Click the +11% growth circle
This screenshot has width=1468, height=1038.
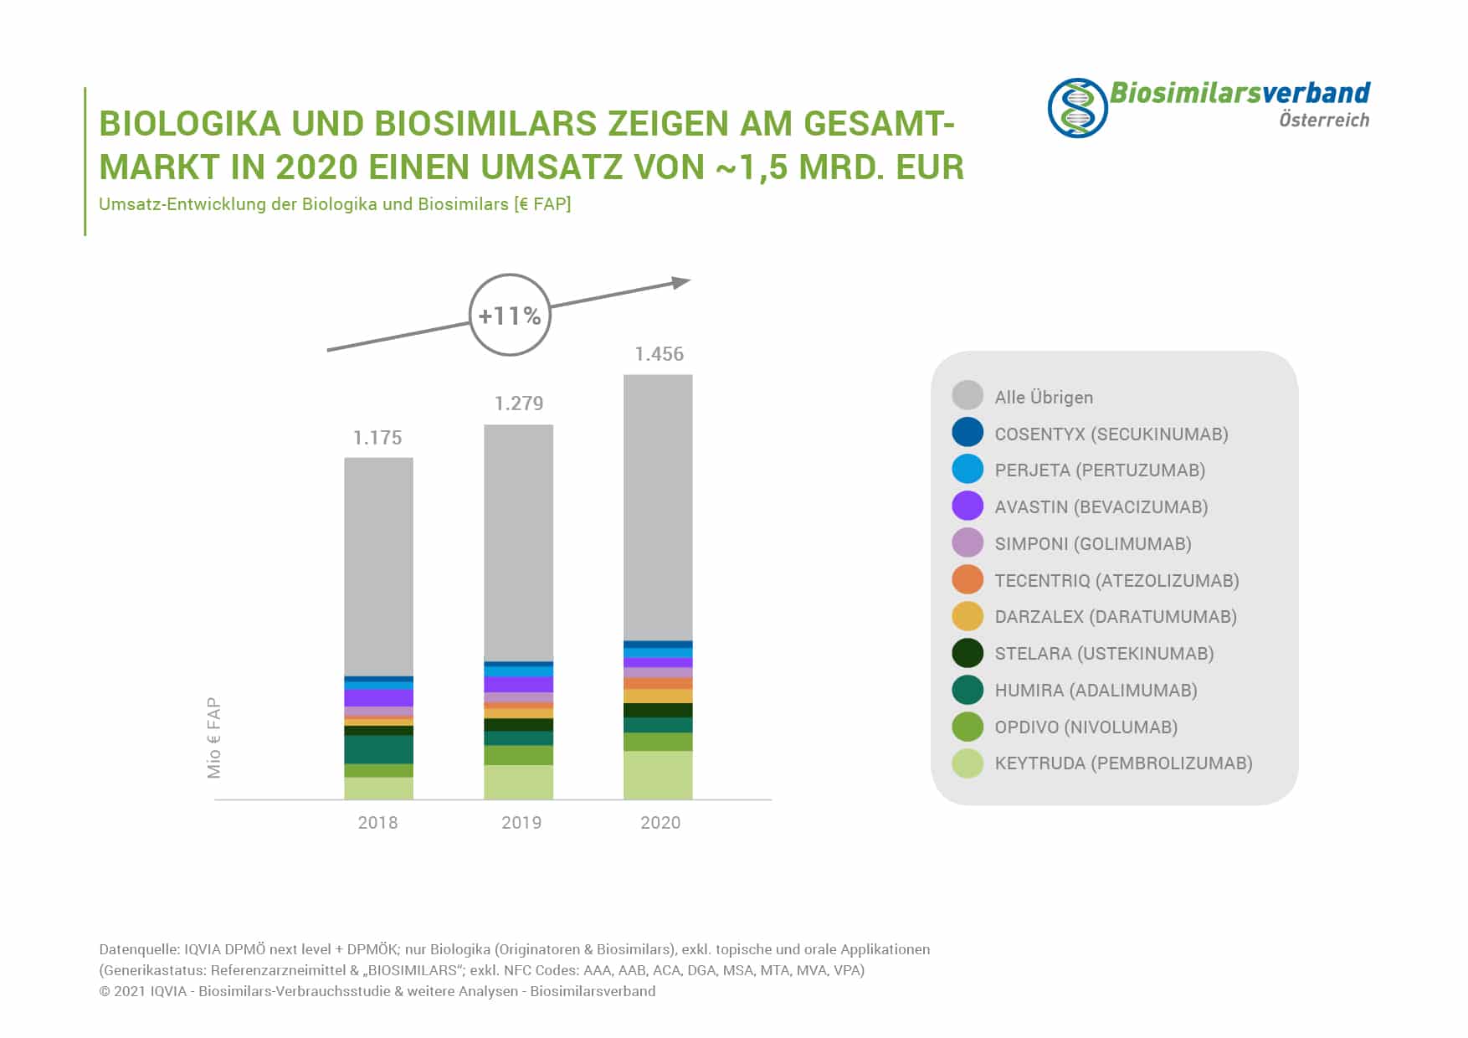coord(510,315)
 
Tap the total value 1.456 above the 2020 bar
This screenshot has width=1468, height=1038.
coord(659,354)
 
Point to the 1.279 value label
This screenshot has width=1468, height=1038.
coord(519,403)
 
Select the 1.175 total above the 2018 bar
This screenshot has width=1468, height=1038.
coord(377,438)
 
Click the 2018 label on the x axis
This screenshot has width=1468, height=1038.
coord(377,823)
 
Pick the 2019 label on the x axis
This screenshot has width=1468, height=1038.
coord(521,823)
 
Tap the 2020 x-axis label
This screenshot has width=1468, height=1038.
coord(660,823)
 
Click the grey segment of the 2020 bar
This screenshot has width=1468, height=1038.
coord(658,506)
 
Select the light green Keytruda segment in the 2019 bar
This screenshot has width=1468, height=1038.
coord(518,782)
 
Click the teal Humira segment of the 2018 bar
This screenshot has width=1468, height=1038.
coord(378,749)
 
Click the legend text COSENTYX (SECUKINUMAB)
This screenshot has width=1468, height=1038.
coord(1111,434)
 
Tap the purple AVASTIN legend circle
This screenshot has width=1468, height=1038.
coord(968,506)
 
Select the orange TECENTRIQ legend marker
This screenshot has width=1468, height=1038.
coord(968,580)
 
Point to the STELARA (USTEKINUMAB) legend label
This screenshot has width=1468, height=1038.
coord(1104,654)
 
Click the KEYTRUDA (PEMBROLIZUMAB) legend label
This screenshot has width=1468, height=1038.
coord(1123,763)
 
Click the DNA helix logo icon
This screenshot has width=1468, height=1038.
coord(1077,108)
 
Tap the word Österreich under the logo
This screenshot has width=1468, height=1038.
coord(1323,120)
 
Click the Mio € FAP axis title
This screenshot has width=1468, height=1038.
coord(214,738)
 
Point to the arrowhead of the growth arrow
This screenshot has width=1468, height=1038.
coord(682,283)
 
